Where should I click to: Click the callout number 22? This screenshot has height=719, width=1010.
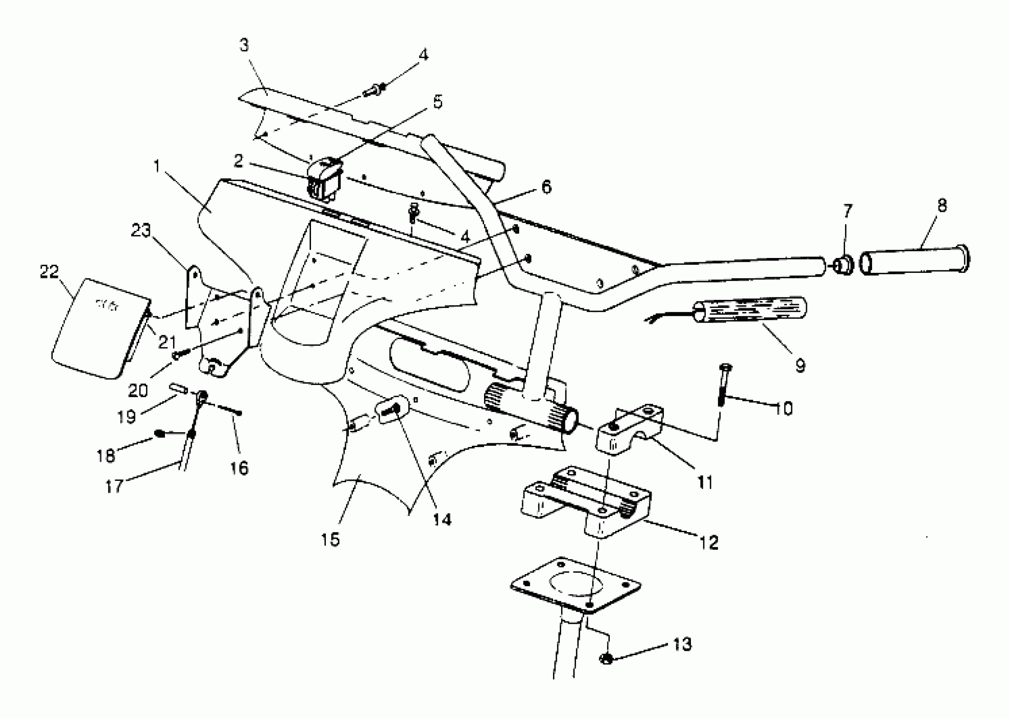[x=49, y=272]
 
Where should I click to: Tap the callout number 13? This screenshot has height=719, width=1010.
[x=682, y=645]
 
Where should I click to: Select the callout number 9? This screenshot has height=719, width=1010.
[x=800, y=366]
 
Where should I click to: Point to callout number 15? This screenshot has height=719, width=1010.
[x=330, y=539]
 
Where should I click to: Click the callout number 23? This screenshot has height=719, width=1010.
[x=141, y=230]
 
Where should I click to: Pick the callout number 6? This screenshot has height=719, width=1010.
[x=547, y=187]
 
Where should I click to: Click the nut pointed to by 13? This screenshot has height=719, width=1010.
[x=606, y=659]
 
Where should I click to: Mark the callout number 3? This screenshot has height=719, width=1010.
[x=245, y=45]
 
